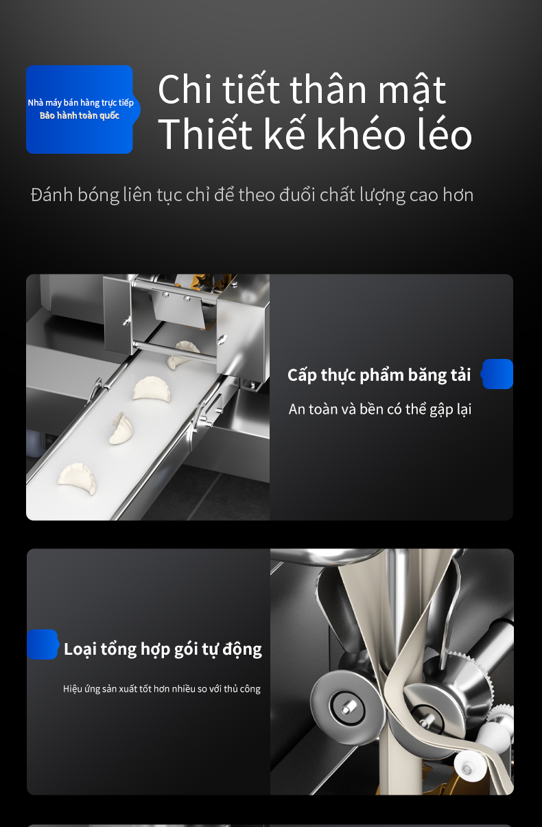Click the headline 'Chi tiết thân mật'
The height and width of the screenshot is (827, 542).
pyautogui.click(x=302, y=90)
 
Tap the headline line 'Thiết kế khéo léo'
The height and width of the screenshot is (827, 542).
pyautogui.click(x=315, y=133)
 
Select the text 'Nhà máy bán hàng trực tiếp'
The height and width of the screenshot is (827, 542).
pyautogui.click(x=81, y=103)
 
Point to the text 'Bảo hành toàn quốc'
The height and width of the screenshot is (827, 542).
pyautogui.click(x=80, y=115)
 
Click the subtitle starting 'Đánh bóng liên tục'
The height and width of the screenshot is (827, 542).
pyautogui.click(x=252, y=195)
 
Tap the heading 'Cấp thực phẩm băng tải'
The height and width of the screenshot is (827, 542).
pyautogui.click(x=379, y=375)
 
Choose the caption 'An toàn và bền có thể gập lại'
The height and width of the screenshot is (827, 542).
pyautogui.click(x=380, y=410)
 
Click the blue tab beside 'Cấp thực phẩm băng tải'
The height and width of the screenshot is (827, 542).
pyautogui.click(x=497, y=374)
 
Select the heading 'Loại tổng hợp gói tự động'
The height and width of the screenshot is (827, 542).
pyautogui.click(x=163, y=649)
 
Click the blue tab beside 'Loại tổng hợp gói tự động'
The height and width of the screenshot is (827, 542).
pyautogui.click(x=43, y=644)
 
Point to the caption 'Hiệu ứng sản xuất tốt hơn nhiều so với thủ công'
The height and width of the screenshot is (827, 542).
pyautogui.click(x=162, y=689)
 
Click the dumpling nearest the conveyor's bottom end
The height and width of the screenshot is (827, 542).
pyautogui.click(x=77, y=478)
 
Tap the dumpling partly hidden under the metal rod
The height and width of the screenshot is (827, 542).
pyautogui.click(x=183, y=355)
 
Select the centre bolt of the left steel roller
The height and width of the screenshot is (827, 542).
pyautogui.click(x=347, y=708)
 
